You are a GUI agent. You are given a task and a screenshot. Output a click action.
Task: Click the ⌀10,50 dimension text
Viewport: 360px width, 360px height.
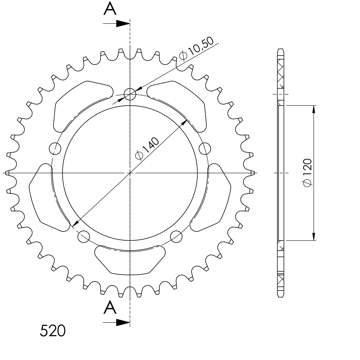pyautogui.click(x=196, y=49)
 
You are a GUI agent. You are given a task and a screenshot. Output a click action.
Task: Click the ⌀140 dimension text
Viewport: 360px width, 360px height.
pyautogui.click(x=147, y=149)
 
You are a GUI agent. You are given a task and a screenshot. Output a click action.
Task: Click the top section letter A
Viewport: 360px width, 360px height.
pyautogui.click(x=110, y=9)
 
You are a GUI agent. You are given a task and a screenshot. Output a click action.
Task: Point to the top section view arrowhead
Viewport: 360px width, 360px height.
pyautogui.click(x=123, y=23)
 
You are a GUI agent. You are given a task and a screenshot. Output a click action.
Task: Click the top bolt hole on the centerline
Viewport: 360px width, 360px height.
pyautogui.click(x=130, y=94)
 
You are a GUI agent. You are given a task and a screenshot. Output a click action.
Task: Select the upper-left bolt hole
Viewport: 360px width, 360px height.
pyautogui.click(x=55, y=149)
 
